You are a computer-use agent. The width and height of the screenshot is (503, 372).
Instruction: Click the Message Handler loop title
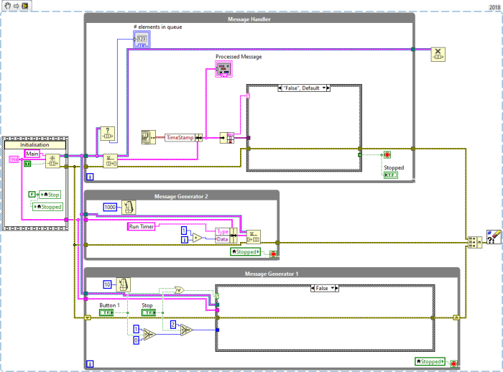(249, 19)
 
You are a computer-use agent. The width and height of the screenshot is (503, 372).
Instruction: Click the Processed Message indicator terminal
(224, 68)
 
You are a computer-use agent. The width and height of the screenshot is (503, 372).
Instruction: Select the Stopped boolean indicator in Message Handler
(394, 175)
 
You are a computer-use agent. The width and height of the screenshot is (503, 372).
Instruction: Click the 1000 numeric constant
(110, 207)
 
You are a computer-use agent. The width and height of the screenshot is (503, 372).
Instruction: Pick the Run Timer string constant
(145, 226)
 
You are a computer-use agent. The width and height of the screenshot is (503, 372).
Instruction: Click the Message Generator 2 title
(182, 196)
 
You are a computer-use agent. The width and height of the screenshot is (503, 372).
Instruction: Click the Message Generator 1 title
(272, 274)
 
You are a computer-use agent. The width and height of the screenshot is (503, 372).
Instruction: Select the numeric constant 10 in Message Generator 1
(108, 285)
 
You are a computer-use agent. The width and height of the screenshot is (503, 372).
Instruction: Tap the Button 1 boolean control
(107, 313)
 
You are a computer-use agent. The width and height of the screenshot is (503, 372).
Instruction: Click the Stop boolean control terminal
(147, 313)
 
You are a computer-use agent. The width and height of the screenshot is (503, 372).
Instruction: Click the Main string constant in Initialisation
(32, 153)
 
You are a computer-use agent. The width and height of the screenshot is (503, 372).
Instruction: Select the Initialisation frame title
(35, 144)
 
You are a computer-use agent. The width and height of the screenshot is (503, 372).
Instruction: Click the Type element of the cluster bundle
(221, 231)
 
